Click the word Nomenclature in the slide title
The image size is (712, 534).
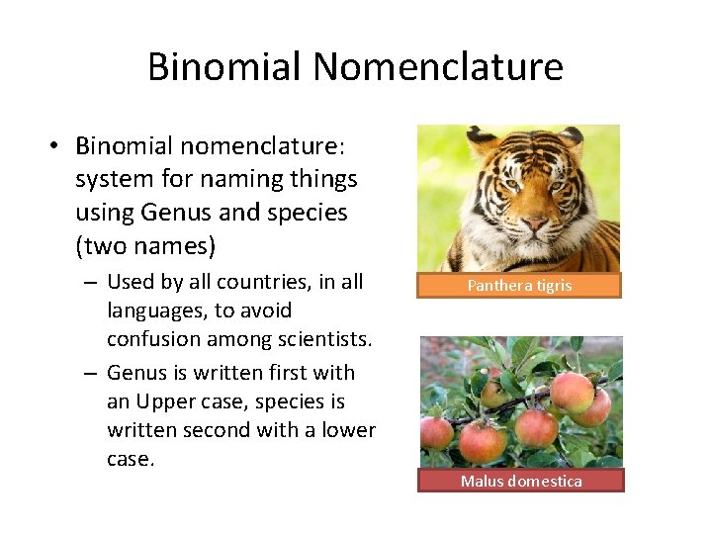point(437,67)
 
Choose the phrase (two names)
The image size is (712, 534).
point(144,241)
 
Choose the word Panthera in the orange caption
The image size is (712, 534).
point(501,286)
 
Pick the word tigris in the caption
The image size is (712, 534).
point(554,286)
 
